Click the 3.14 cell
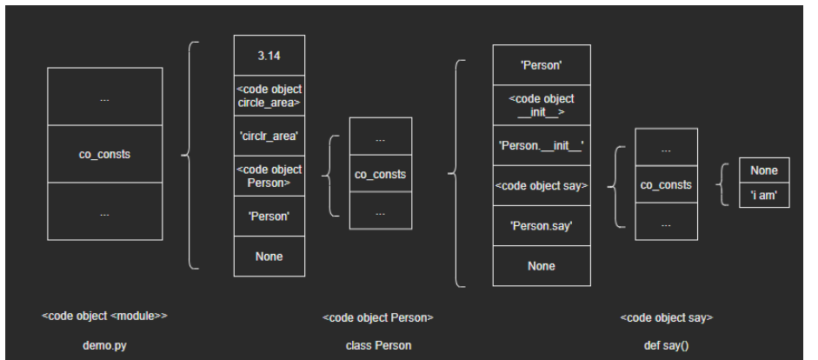tap(269, 57)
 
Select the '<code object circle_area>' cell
tap(269, 96)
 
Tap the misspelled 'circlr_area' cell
tap(269, 136)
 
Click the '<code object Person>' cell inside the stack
tap(269, 177)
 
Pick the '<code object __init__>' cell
tap(541, 104)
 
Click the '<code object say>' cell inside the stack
tap(541, 184)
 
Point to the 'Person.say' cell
tap(541, 226)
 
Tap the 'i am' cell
tap(763, 196)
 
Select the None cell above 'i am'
tap(763, 170)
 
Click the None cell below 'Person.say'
tap(541, 266)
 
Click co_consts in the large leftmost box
tap(105, 154)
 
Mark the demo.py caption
tap(105, 345)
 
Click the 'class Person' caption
tap(378, 345)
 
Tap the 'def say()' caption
tap(667, 345)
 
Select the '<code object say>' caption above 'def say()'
tap(667, 318)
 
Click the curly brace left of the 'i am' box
tap(723, 183)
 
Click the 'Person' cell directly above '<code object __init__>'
tap(541, 64)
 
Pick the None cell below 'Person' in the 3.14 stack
tap(269, 257)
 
